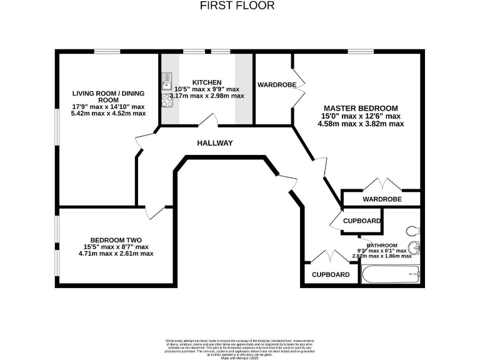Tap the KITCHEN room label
[206, 82]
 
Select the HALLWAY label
[214, 143]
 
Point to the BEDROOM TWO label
[116, 240]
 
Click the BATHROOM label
[382, 245]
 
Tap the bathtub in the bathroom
[391, 273]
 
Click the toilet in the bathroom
[412, 230]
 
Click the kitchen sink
[167, 80]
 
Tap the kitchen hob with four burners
[167, 101]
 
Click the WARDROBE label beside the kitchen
[277, 84]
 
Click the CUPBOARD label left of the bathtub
[331, 274]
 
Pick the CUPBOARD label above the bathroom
[362, 221]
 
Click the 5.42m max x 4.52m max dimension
[107, 114]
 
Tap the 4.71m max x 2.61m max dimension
[116, 254]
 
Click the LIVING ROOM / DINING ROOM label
[107, 97]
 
